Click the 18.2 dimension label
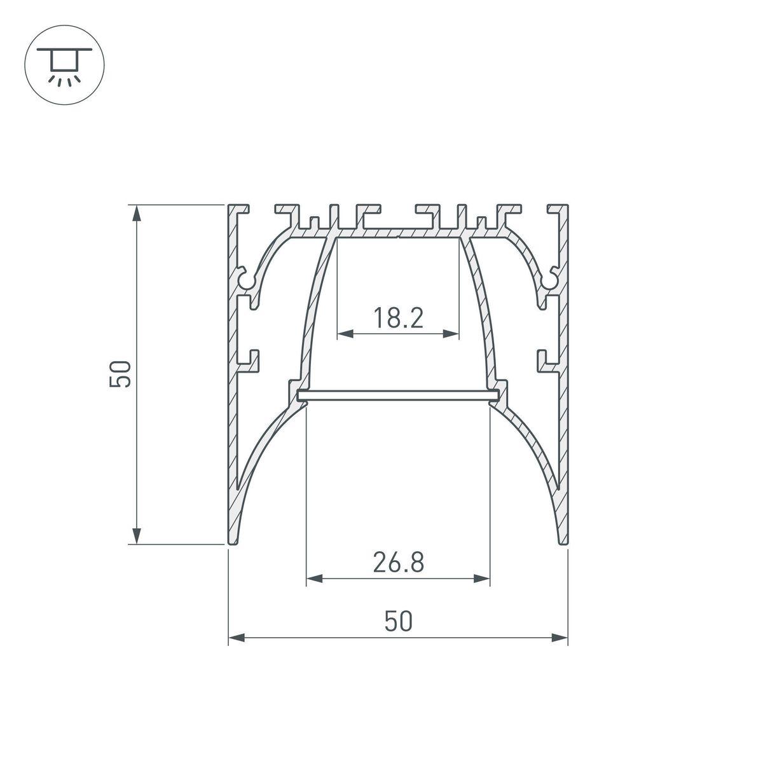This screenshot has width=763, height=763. (x=397, y=317)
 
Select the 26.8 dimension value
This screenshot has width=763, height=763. (x=398, y=562)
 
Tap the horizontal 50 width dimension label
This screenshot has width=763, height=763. (x=399, y=621)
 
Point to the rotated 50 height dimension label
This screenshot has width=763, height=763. (x=120, y=374)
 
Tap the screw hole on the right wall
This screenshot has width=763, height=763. (x=549, y=278)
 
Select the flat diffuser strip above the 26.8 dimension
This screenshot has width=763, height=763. (x=398, y=396)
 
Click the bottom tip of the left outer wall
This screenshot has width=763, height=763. (x=234, y=542)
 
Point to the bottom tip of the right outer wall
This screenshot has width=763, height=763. (x=562, y=542)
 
